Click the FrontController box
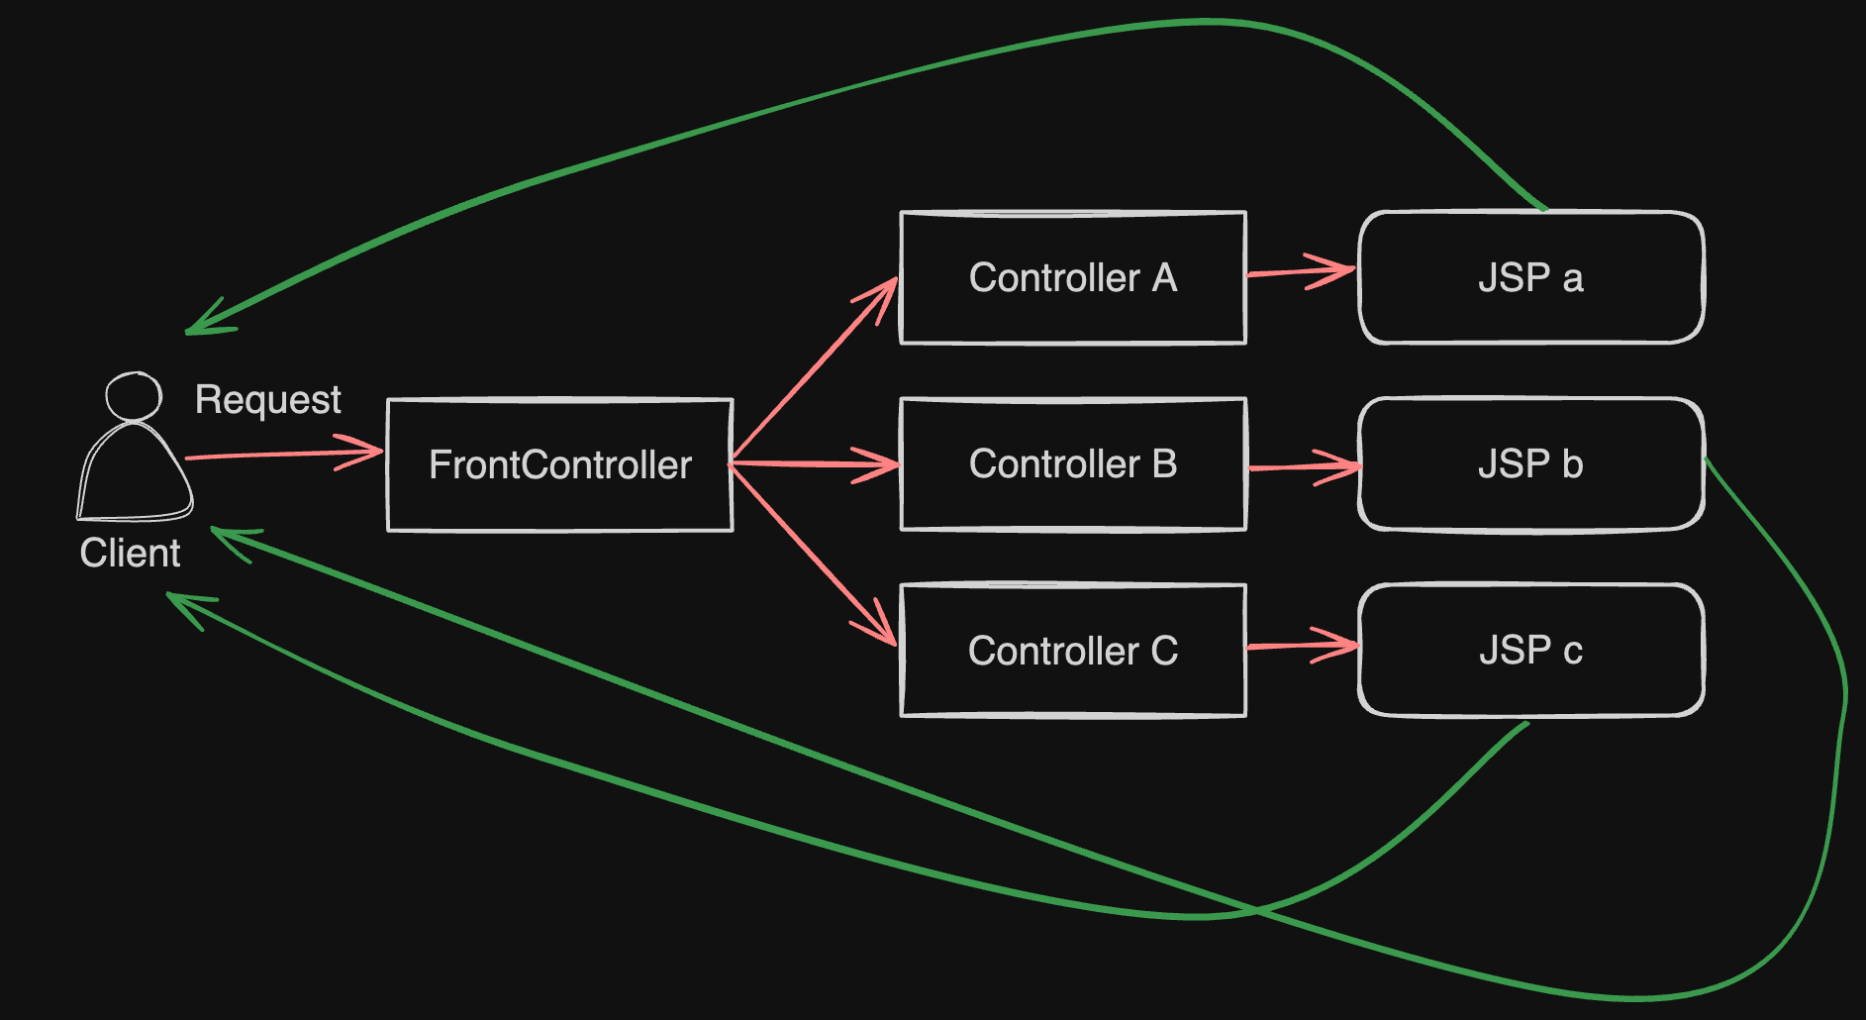click(x=559, y=464)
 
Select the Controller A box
click(x=1072, y=277)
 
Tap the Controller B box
click(x=1072, y=463)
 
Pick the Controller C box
click(x=1072, y=650)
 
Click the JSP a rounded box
click(x=1530, y=277)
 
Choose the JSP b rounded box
click(x=1530, y=463)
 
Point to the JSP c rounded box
click(x=1530, y=650)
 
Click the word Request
click(x=267, y=400)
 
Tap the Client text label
click(x=130, y=553)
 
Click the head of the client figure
click(x=134, y=396)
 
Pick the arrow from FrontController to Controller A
click(x=812, y=371)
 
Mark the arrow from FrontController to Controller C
click(x=812, y=554)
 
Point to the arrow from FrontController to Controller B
click(x=812, y=462)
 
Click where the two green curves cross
click(x=1255, y=908)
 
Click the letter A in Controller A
click(x=1164, y=278)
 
